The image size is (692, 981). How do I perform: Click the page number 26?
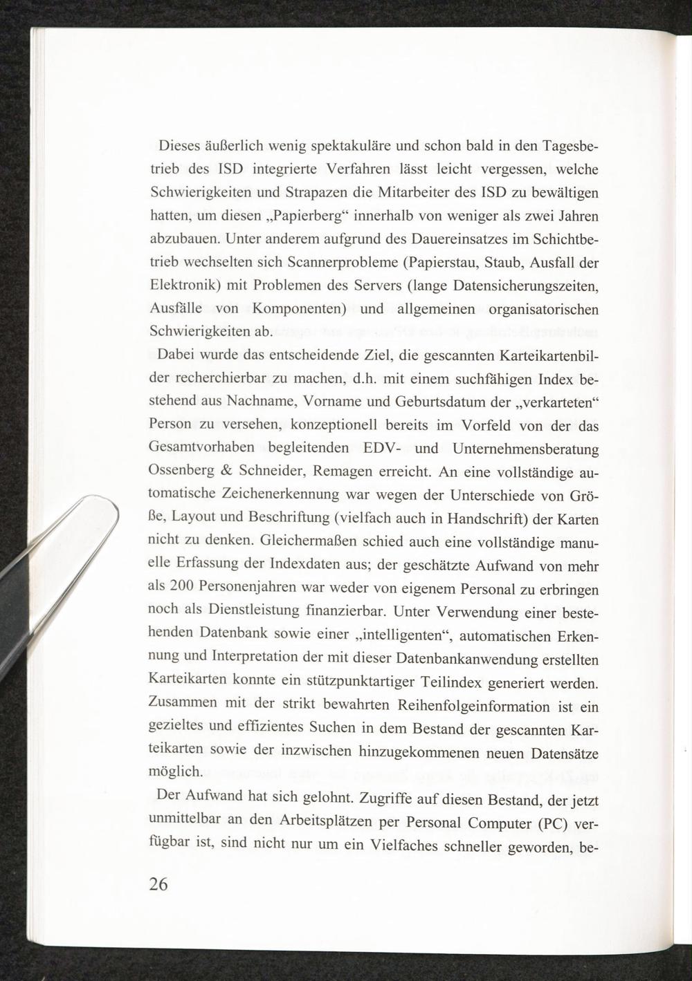click(x=158, y=884)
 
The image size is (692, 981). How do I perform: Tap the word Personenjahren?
click(x=252, y=587)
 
